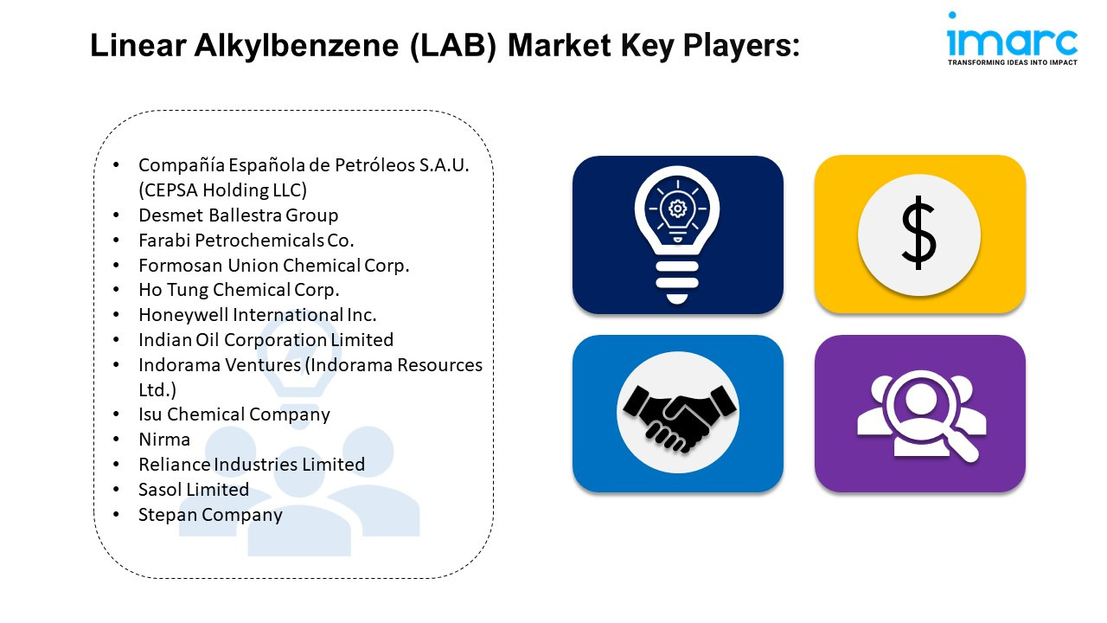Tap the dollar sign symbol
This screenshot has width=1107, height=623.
(x=918, y=233)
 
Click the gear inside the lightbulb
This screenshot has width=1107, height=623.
(x=677, y=209)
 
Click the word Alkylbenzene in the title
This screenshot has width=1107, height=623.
(x=296, y=46)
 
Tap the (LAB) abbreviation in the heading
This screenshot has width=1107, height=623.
(x=453, y=46)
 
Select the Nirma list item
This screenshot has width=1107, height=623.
(x=164, y=439)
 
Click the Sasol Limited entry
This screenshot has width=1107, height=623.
(x=194, y=490)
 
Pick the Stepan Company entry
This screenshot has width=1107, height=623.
(x=210, y=515)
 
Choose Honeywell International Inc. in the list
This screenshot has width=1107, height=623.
(x=258, y=314)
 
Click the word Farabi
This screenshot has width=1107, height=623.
(x=164, y=241)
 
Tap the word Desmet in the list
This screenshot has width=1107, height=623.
(x=171, y=215)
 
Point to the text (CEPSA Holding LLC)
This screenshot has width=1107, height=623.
(x=223, y=189)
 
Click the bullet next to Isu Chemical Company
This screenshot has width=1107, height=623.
(x=116, y=414)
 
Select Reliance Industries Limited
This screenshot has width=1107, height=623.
(x=252, y=465)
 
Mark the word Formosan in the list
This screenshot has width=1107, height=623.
(x=181, y=266)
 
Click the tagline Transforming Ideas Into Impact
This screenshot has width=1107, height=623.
(x=1012, y=62)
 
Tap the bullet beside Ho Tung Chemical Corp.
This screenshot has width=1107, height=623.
(x=116, y=290)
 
